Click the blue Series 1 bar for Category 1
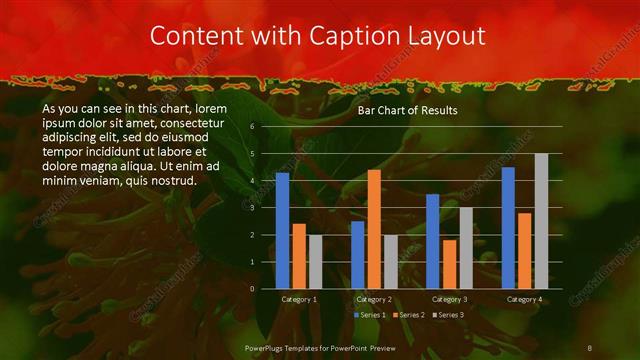coord(282,230)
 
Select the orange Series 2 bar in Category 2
coord(374,229)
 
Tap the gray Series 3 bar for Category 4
coord(541,221)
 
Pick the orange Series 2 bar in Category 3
coord(449,264)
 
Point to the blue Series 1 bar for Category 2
coord(357,254)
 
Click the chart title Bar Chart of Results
coord(407,111)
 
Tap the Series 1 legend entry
coord(371,315)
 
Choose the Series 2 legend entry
coord(409,315)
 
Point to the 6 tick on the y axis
coord(252,127)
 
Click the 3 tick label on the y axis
coord(252,208)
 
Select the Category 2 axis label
coord(374,299)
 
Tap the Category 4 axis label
coord(524,299)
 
